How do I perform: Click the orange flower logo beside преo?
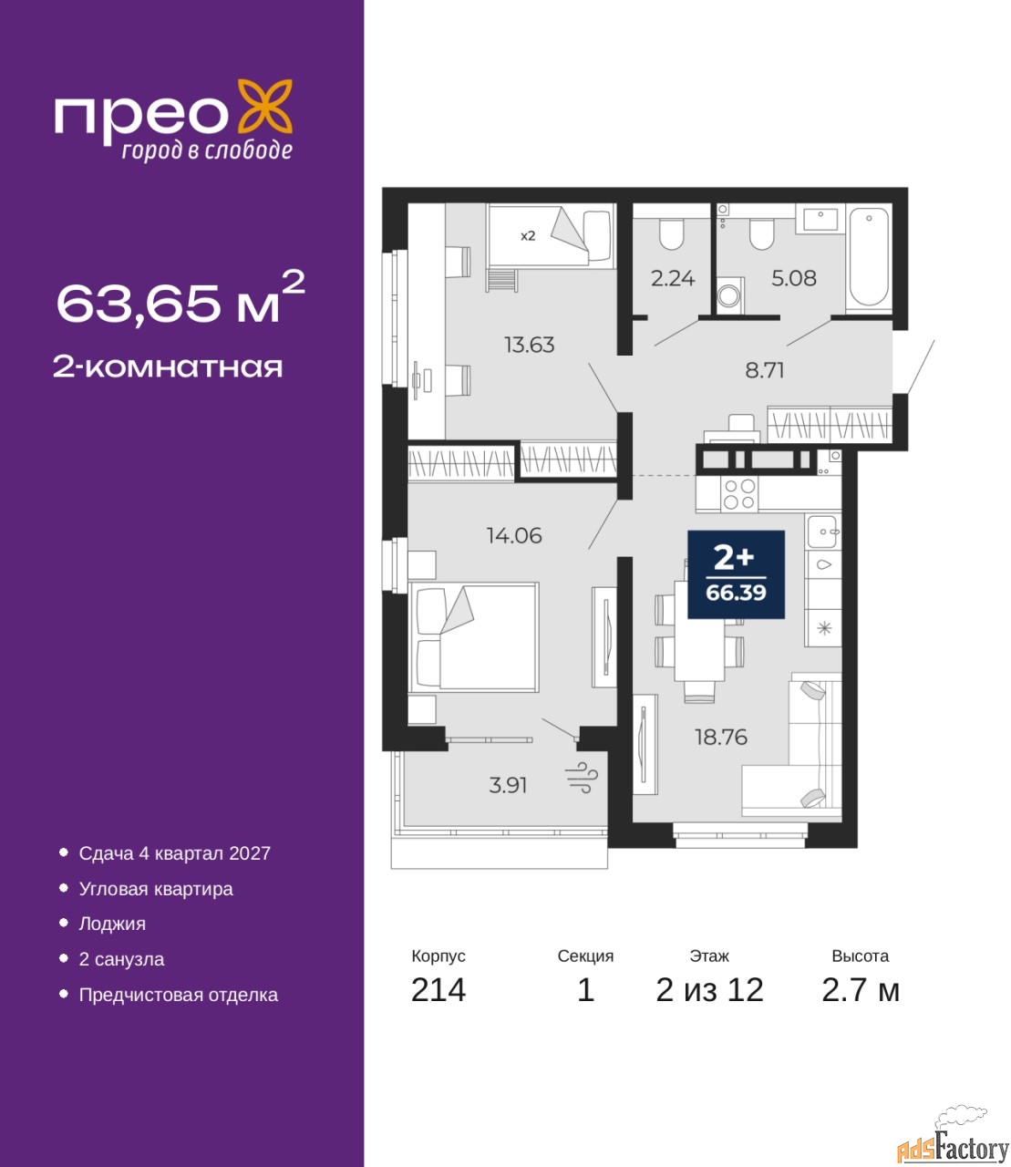pos(264,106)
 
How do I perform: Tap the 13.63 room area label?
pos(529,345)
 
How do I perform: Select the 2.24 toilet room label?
pos(672,278)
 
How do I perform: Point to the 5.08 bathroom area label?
pos(794,278)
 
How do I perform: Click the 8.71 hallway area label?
pos(764,370)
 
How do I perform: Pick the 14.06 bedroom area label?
pos(514,535)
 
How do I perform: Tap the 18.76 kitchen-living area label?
pos(721,737)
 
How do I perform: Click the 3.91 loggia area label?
pos(508,785)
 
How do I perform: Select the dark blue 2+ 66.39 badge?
pos(736,574)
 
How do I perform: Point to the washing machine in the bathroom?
pos(729,294)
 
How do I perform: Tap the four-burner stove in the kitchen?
pos(739,494)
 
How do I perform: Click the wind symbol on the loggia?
pos(582,778)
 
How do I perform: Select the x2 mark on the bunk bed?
pos(528,236)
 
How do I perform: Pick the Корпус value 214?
pos(438,990)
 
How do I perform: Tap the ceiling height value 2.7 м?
pos(861,990)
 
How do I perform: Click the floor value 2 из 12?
pos(709,990)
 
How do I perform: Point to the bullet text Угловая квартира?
pos(156,889)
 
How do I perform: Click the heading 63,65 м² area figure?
pos(181,299)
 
